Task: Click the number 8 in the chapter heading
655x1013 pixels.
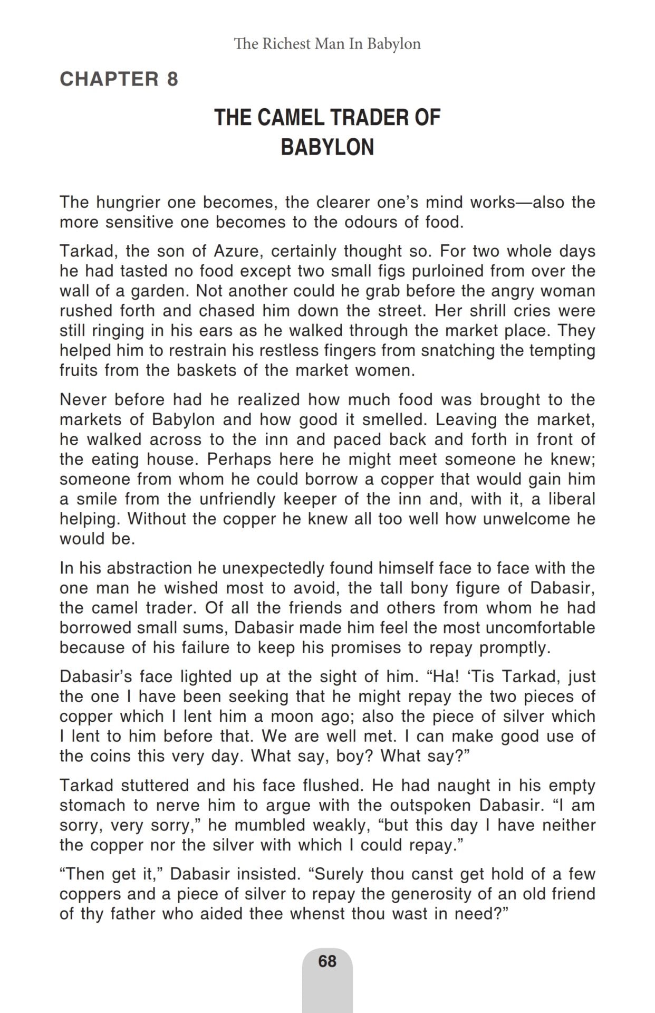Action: click(x=172, y=79)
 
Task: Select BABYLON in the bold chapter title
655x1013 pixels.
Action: click(x=327, y=147)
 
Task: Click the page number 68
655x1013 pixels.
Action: click(x=327, y=961)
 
